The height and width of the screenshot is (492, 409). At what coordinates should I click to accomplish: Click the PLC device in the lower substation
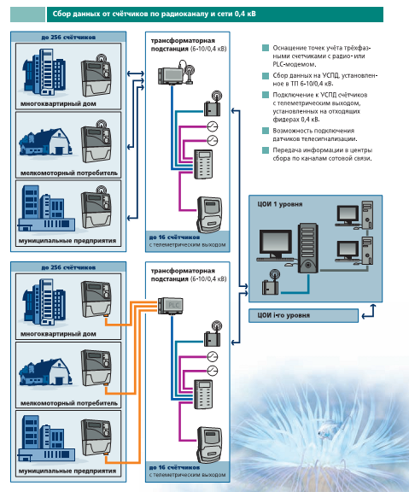170,306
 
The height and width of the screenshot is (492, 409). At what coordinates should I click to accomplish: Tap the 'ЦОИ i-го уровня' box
303,316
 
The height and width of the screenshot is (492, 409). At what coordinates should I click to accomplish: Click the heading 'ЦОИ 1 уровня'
280,204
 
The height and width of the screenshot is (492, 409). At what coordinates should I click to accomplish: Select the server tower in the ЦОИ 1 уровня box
308,248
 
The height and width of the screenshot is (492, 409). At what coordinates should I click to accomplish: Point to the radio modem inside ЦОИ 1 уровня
271,283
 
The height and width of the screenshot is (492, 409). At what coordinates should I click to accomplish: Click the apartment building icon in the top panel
44,72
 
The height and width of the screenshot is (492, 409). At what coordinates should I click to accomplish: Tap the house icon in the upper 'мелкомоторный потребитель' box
45,142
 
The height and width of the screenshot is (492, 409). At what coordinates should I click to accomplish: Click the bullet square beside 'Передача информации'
266,150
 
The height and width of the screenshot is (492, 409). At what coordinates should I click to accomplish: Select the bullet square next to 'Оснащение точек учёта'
266,48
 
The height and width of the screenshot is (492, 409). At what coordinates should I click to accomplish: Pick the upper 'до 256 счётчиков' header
68,37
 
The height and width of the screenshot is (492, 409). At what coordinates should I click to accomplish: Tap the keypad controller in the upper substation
203,164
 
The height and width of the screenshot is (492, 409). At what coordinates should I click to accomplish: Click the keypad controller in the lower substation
203,394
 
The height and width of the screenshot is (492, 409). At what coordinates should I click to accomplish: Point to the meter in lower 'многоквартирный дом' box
96,299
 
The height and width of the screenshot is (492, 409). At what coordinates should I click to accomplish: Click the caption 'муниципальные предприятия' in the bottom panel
67,471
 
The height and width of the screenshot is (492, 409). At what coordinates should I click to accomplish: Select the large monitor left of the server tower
276,246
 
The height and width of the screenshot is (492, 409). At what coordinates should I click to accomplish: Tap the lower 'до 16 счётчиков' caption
174,467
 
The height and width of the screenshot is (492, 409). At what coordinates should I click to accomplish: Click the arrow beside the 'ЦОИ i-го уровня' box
369,312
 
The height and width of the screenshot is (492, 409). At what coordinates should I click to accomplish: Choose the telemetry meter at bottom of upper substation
209,215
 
